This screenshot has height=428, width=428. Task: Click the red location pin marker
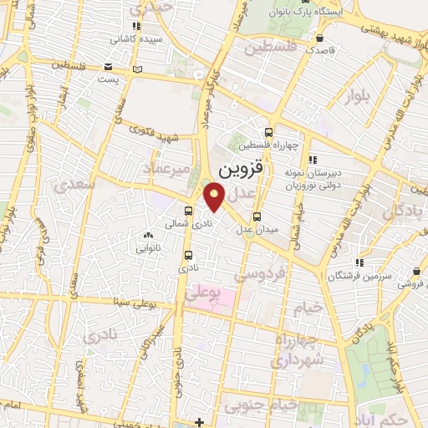point(216,198)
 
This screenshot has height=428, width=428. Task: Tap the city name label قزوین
point(242,169)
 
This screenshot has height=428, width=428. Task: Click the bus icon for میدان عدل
point(256,217)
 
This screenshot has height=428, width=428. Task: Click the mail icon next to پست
point(108,69)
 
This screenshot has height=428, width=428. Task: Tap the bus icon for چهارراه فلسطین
point(267,131)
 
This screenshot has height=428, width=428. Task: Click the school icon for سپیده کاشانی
point(136,28)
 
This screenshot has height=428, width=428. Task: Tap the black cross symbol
point(201,422)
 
